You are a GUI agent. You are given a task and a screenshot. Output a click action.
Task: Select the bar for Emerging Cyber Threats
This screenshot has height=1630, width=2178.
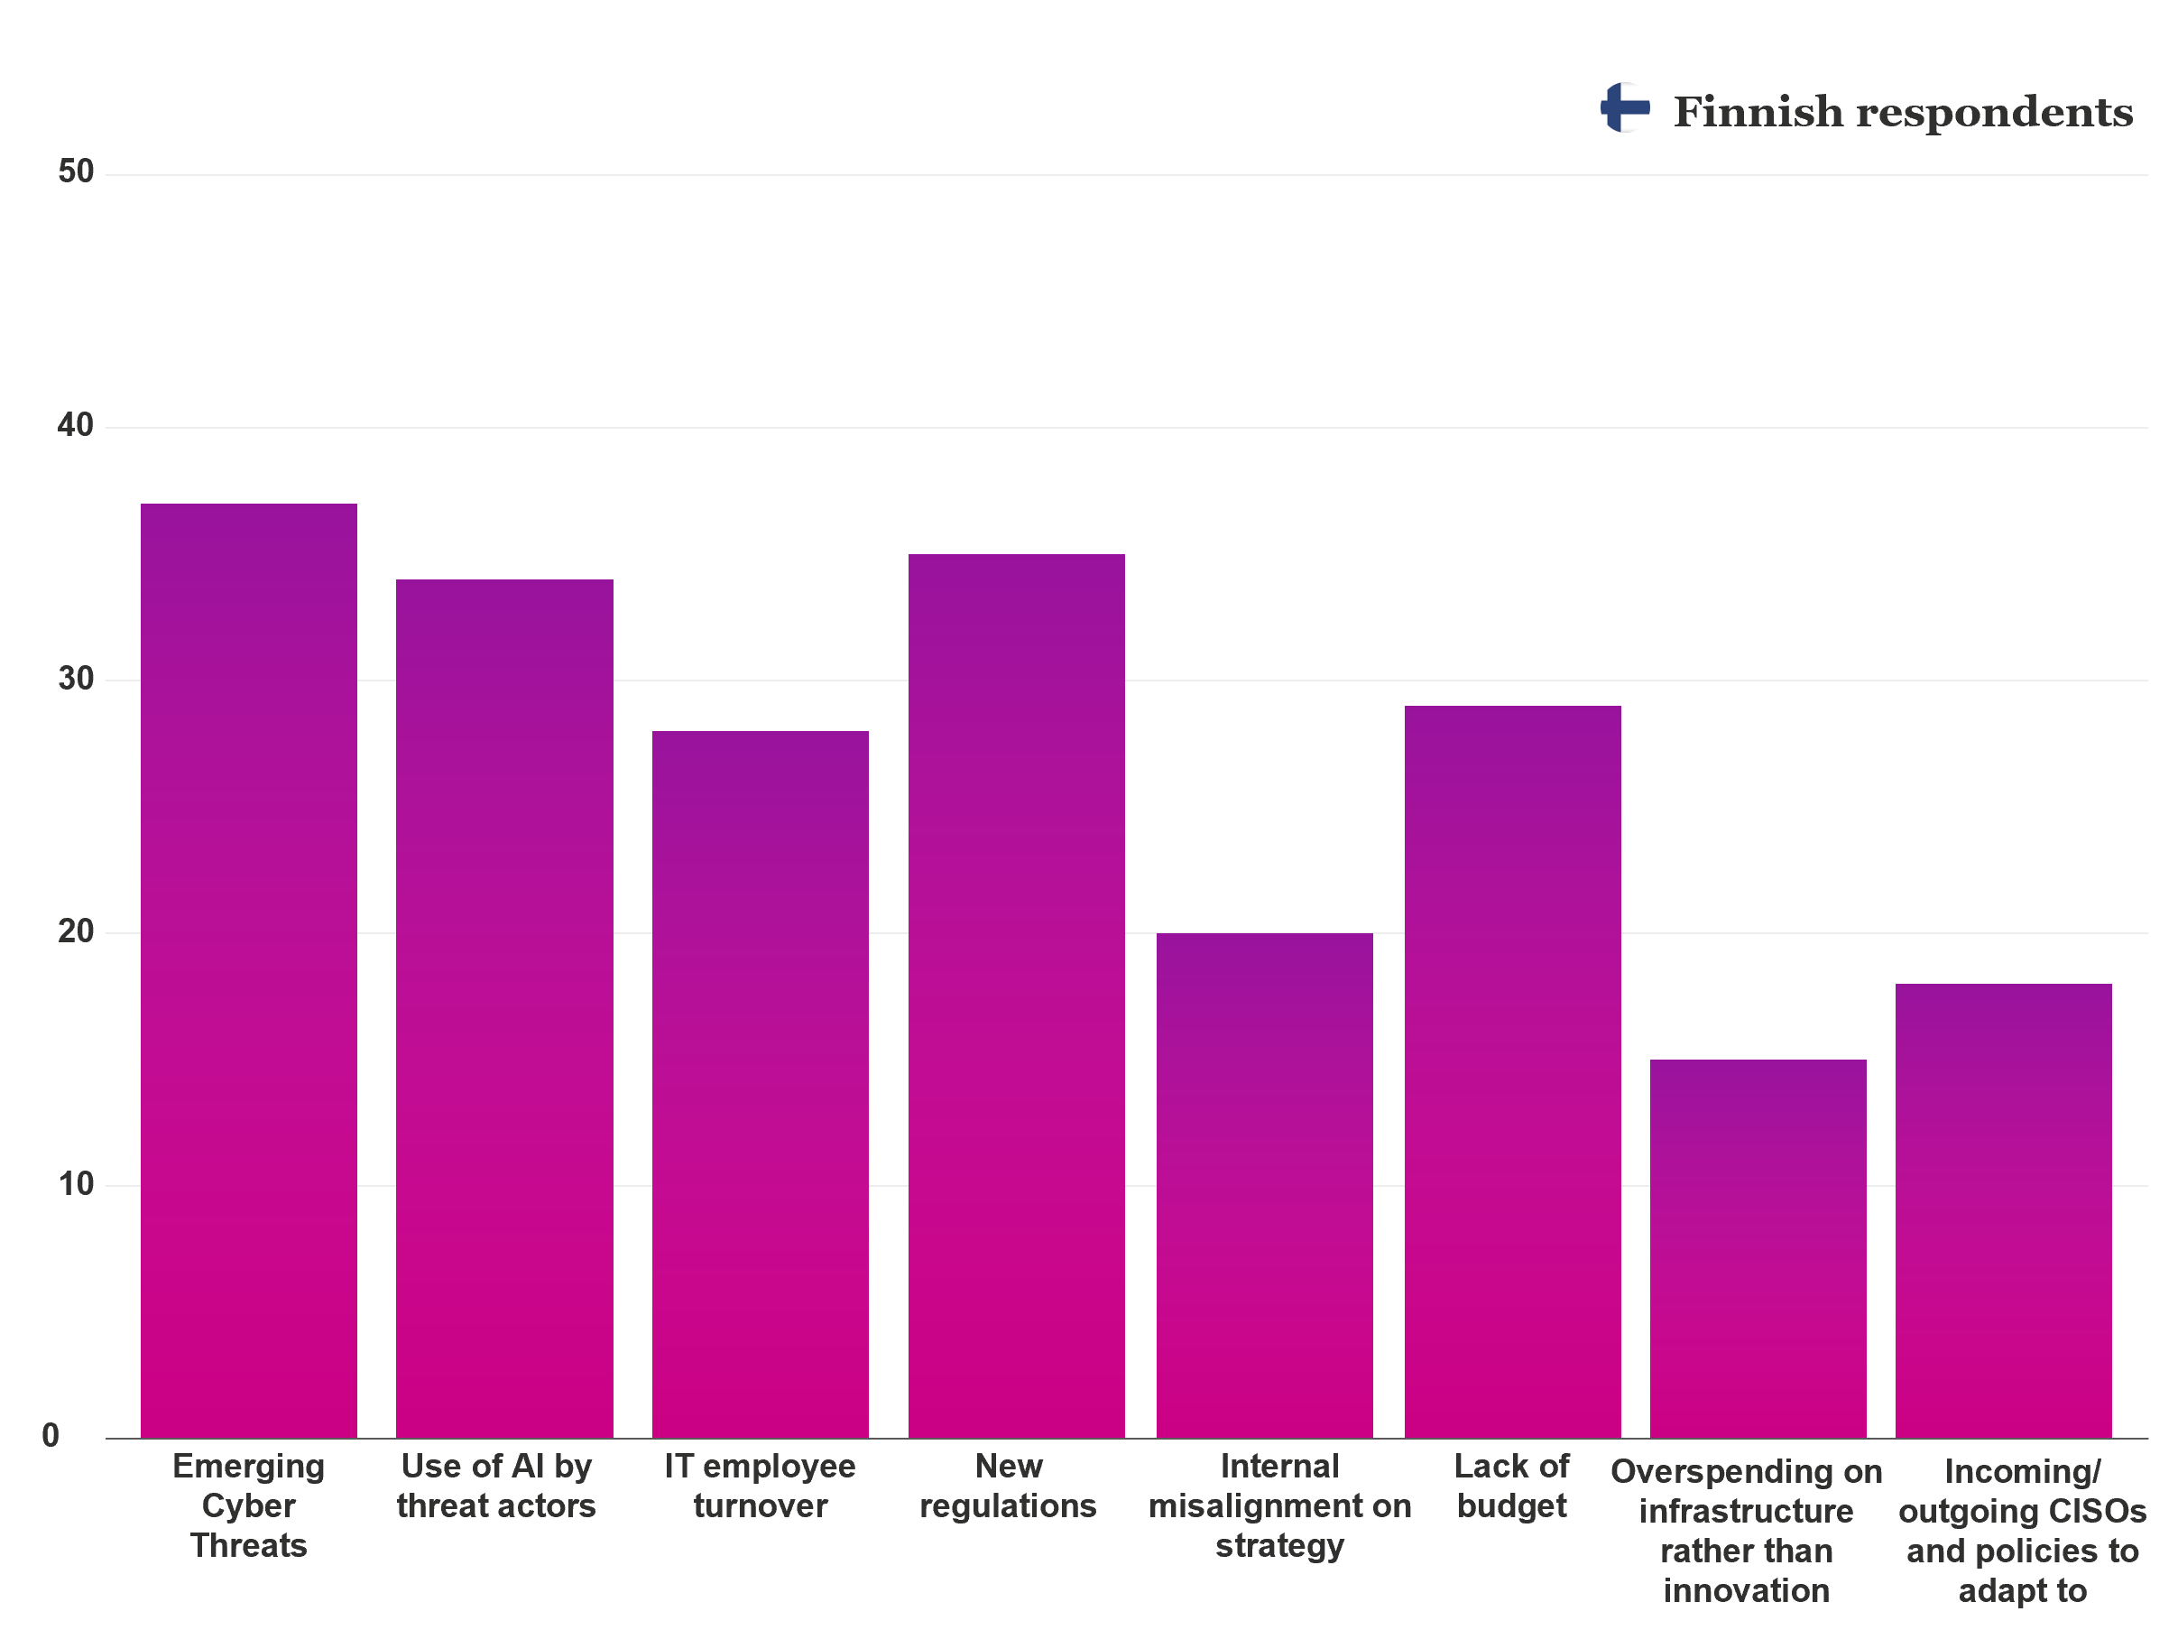249,970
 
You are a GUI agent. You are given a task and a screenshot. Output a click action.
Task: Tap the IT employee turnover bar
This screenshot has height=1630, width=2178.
760,1083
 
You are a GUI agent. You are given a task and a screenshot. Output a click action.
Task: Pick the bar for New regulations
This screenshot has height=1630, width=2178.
1016,995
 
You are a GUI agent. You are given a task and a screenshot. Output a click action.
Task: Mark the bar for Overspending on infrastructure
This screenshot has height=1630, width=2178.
1758,1248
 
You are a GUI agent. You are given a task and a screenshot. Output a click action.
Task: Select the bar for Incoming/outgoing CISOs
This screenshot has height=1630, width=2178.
2003,1210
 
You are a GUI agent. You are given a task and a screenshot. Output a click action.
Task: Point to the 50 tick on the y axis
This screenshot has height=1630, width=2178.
76,172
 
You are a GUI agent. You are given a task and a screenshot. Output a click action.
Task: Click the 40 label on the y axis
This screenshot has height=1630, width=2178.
76,425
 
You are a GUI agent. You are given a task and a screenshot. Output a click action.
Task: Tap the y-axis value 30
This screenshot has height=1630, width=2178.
76,679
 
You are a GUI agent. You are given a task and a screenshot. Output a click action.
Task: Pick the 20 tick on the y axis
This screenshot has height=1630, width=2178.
76,931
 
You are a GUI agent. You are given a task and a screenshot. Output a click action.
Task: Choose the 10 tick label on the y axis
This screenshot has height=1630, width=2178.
76,1184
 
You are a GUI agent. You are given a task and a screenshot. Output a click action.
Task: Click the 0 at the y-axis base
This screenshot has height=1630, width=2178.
51,1436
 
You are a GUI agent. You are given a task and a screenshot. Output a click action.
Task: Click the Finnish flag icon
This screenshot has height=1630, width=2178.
1625,107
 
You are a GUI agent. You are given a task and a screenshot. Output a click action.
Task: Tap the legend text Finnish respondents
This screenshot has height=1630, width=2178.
1902,112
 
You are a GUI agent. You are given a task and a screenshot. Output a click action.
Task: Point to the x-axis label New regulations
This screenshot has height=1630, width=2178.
1009,1486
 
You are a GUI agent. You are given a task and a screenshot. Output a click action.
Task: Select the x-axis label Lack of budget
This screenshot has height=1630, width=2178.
1511,1486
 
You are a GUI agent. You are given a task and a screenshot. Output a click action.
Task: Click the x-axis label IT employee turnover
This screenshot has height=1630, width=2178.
760,1486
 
